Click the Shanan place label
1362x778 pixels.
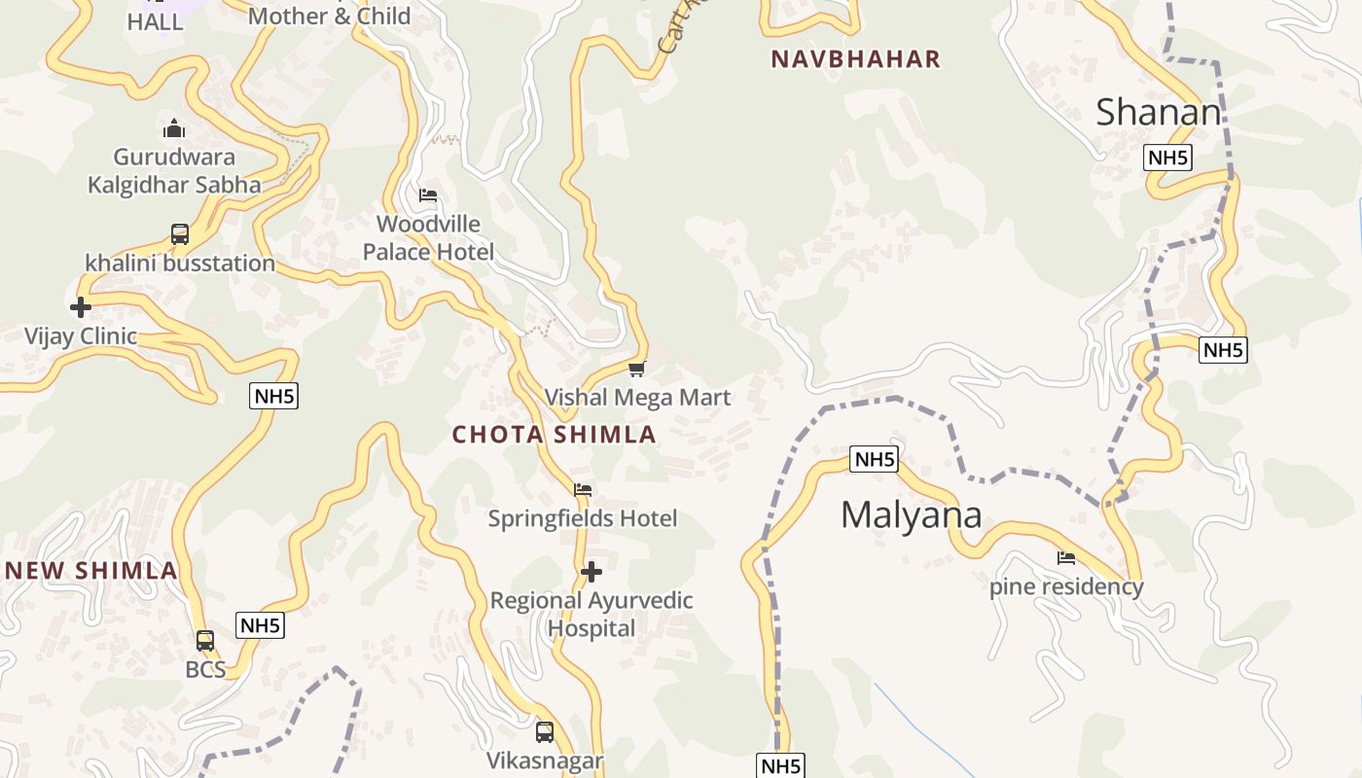[x=1158, y=113]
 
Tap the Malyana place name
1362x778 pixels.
[x=911, y=514]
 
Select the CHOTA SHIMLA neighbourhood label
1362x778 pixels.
[x=555, y=435]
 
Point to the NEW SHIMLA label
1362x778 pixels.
[x=91, y=571]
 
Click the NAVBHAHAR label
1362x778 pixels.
[x=856, y=59]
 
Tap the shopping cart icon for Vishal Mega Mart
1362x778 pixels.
[x=637, y=369]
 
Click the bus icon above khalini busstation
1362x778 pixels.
[x=180, y=234]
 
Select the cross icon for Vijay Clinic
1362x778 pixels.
[x=81, y=308]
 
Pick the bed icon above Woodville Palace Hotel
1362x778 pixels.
[x=428, y=195]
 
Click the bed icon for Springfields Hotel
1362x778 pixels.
[x=583, y=490]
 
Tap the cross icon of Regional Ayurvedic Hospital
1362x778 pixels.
[x=591, y=572]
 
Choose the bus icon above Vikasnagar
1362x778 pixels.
[x=545, y=732]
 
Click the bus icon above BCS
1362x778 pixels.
[x=205, y=641]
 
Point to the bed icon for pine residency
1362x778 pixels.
[x=1066, y=558]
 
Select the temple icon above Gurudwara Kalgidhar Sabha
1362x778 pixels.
[x=174, y=128]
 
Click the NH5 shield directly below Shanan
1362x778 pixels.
[x=1167, y=158]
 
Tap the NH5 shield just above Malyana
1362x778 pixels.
[x=874, y=459]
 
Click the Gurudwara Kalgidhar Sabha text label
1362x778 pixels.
[x=174, y=171]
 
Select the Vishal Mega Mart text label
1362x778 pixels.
[x=637, y=398]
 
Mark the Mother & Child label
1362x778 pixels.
[x=329, y=16]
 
